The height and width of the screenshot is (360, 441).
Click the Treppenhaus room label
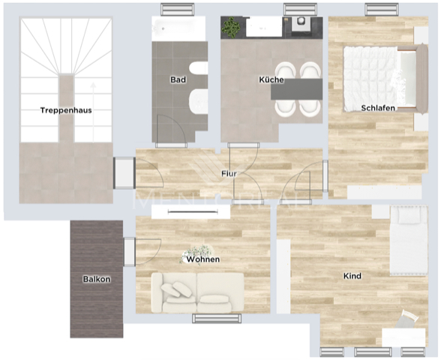tap(66, 110)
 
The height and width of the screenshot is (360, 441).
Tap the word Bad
tap(178, 79)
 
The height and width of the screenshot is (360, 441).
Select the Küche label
tap(271, 79)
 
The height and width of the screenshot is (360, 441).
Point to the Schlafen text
tap(378, 108)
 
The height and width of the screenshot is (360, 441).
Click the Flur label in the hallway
tap(229, 174)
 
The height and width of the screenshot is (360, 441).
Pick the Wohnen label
tap(203, 259)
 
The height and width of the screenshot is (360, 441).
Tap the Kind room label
tap(352, 276)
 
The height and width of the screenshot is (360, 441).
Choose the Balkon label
tap(97, 279)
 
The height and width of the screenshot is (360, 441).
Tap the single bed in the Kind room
tap(409, 240)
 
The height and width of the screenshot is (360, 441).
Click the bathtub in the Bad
tap(178, 28)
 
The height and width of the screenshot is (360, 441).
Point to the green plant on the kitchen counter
tap(233, 27)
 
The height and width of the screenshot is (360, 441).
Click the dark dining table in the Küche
tap(296, 89)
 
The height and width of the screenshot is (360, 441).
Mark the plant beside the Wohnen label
tap(196, 251)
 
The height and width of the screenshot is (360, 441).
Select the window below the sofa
tap(217, 318)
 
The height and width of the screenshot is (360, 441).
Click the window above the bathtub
tap(179, 9)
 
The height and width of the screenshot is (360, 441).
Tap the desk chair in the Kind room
tap(409, 318)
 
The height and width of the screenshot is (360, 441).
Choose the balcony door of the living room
tap(130, 251)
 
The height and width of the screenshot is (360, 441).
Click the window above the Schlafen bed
tap(381, 9)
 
